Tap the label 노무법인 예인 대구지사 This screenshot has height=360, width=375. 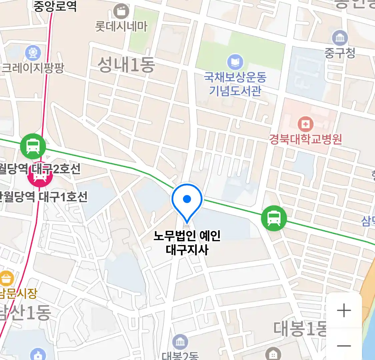click(x=187, y=243)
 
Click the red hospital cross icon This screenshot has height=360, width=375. click(x=305, y=125)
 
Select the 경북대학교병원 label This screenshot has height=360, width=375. click(x=306, y=139)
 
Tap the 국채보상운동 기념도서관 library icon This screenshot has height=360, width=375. click(x=235, y=62)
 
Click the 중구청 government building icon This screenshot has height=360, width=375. click(x=340, y=38)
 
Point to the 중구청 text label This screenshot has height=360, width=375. click(x=340, y=53)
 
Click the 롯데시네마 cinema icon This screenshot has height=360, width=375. click(x=121, y=12)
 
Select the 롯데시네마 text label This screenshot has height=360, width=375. click(x=121, y=26)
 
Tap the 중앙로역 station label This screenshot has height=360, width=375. click(x=55, y=6)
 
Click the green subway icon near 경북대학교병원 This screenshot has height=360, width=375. click(x=274, y=218)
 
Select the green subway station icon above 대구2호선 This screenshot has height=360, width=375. click(x=33, y=146)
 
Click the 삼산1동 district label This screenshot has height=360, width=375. click(x=25, y=313)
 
